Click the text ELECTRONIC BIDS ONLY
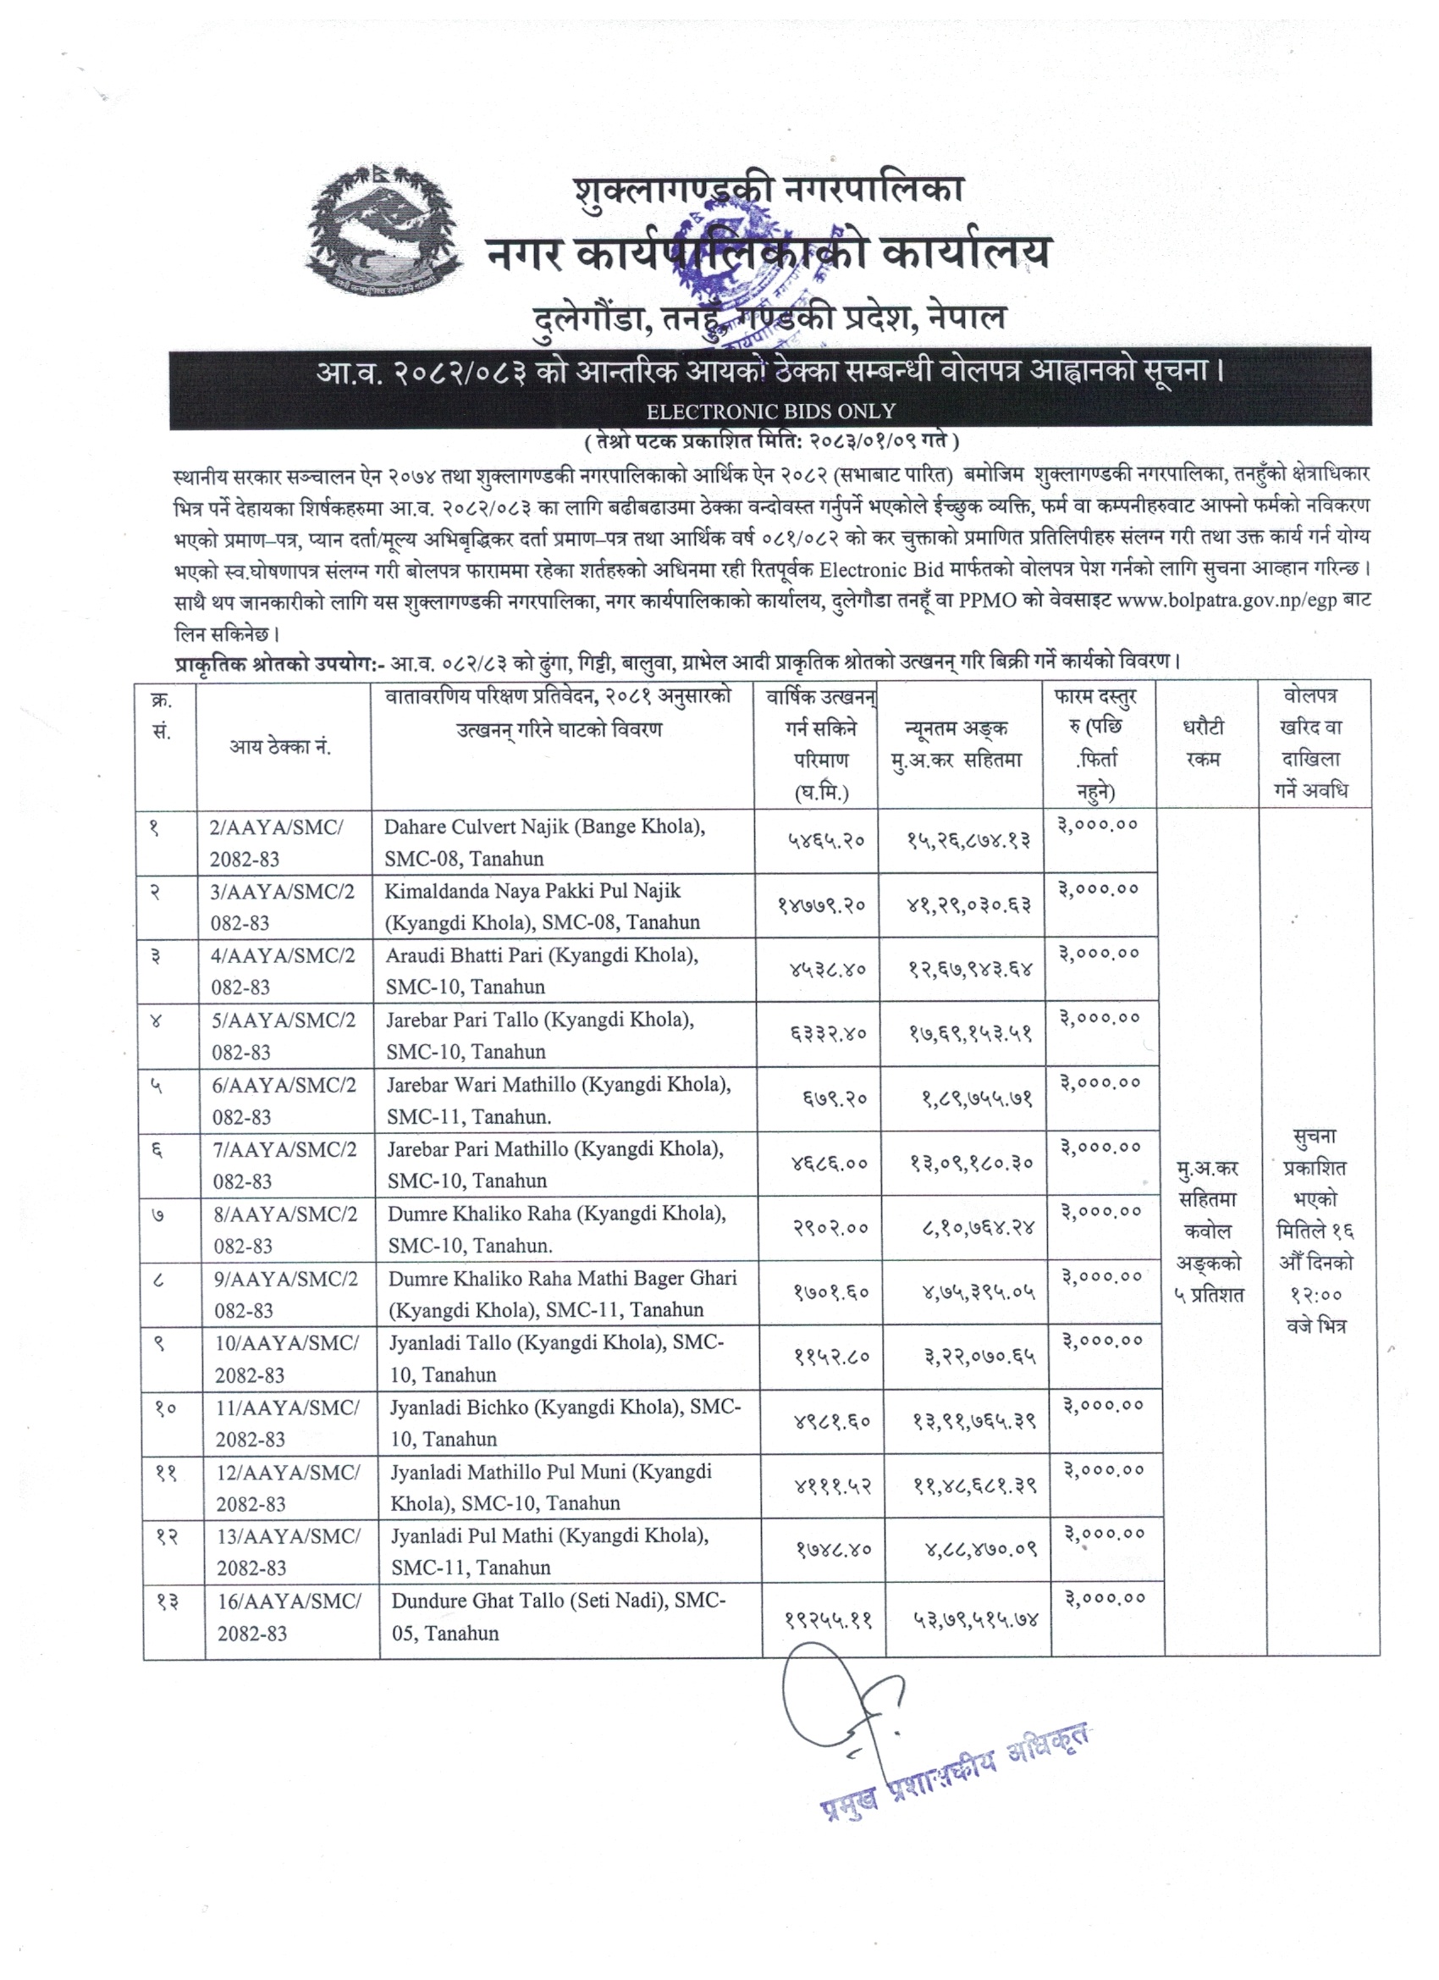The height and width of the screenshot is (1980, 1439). (769, 411)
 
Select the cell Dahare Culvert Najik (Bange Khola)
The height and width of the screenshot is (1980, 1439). (544, 842)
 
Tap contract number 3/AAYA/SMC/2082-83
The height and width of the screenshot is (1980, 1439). (283, 906)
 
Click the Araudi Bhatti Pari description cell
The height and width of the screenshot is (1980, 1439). (542, 970)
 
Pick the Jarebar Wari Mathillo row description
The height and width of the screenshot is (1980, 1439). (559, 1100)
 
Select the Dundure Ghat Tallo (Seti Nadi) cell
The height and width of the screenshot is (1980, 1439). (559, 1617)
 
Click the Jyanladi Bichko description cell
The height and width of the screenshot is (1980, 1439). (565, 1423)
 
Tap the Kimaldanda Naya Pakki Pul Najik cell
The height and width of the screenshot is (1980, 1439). (542, 906)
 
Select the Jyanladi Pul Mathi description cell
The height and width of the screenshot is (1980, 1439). (549, 1551)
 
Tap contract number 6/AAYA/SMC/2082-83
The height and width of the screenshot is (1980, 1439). (284, 1100)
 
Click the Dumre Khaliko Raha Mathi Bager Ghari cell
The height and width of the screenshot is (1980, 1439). (563, 1294)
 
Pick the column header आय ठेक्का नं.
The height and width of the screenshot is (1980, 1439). (280, 746)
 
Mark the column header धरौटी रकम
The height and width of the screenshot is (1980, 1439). (1205, 743)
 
